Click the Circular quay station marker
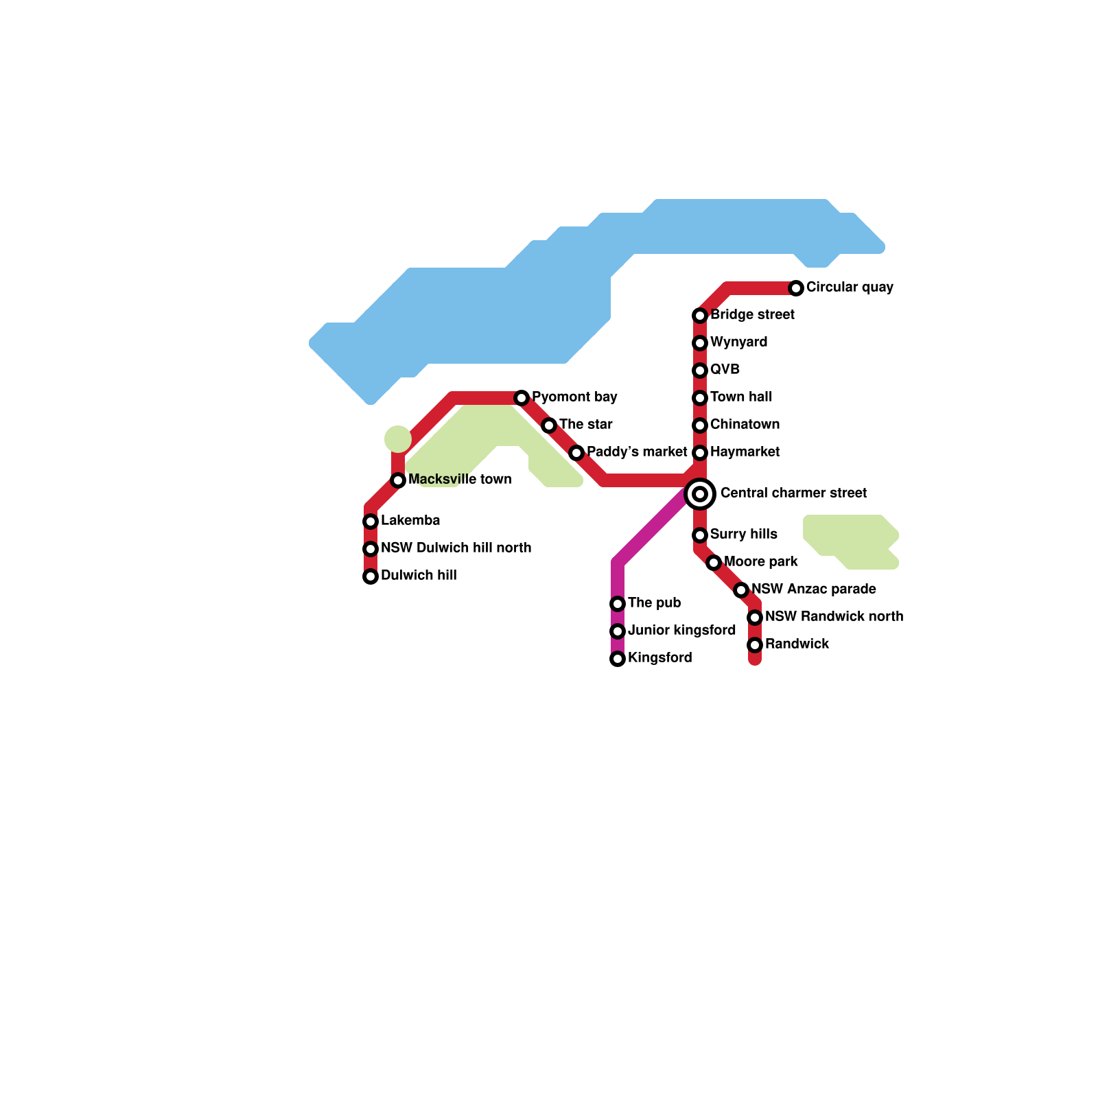pyautogui.click(x=796, y=288)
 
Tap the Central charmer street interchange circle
pyautogui.click(x=700, y=494)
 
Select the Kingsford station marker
pyautogui.click(x=618, y=659)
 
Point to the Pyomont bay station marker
pyautogui.click(x=522, y=398)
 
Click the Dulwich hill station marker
pyautogui.click(x=371, y=576)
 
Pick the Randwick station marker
pyautogui.click(x=755, y=645)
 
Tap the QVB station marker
pyautogui.click(x=700, y=371)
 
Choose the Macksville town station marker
pyautogui.click(x=398, y=480)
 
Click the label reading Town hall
pyautogui.click(x=740, y=397)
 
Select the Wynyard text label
pyautogui.click(x=738, y=342)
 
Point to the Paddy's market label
pyautogui.click(x=637, y=452)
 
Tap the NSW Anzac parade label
pyautogui.click(x=813, y=589)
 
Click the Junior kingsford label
pyautogui.click(x=681, y=631)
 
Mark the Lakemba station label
pyautogui.click(x=410, y=521)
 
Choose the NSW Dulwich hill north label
pyautogui.click(x=456, y=548)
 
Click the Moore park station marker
pyautogui.click(x=714, y=563)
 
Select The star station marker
pyautogui.click(x=549, y=425)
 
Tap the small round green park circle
pyautogui.click(x=398, y=439)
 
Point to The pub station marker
pyautogui.click(x=618, y=604)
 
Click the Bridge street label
pyautogui.click(x=752, y=315)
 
